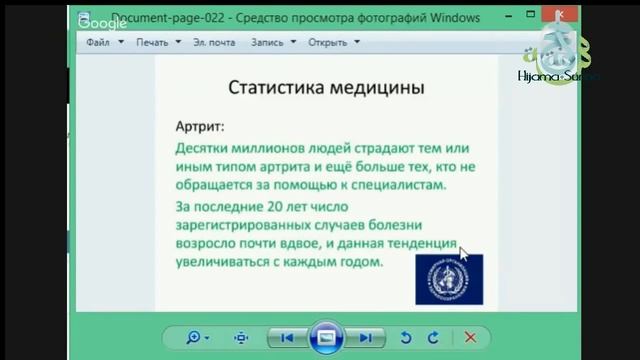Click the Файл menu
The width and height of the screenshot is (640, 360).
point(98,43)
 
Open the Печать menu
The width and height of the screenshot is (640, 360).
point(152,43)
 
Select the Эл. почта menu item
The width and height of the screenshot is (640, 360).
point(214,43)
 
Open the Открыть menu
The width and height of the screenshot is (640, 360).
point(327,43)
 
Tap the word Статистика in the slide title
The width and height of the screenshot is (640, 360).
point(275,87)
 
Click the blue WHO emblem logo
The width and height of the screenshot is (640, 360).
point(449,278)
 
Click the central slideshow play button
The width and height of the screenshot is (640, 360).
point(326,338)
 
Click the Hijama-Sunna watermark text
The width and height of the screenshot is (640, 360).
point(558,75)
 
